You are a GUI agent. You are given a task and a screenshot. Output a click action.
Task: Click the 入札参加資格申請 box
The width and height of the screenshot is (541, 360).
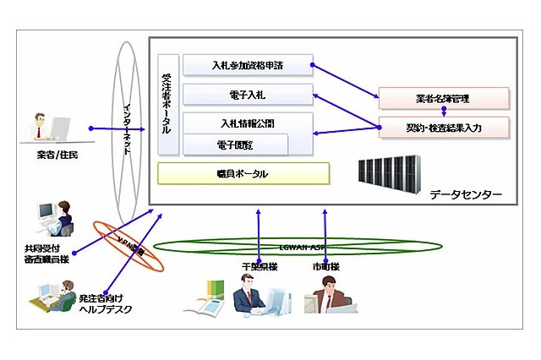(247, 65)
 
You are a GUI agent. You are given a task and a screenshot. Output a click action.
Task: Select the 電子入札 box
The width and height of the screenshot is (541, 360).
(247, 93)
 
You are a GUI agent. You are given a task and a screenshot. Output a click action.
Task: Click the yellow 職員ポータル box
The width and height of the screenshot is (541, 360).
(243, 174)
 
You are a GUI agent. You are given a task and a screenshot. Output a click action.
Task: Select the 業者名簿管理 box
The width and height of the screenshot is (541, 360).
(444, 98)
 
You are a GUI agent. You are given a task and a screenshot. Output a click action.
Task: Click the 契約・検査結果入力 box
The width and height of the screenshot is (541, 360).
(444, 128)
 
